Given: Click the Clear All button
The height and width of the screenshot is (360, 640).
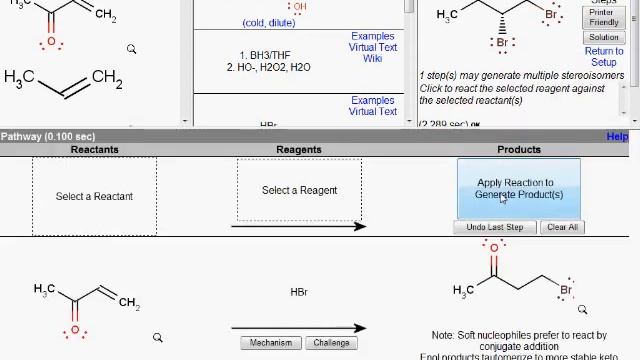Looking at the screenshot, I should tap(562, 227).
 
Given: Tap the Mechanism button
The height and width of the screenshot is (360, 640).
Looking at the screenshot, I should tap(271, 343).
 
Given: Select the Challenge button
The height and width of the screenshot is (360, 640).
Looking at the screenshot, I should tap(331, 343).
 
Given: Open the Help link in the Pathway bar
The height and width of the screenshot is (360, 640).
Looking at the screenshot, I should tap(617, 137).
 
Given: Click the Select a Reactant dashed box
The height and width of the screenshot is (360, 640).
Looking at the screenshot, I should tap(94, 196).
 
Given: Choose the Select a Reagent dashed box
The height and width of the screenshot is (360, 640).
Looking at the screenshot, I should tap(299, 190).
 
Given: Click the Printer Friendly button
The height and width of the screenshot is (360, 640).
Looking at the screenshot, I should tap(603, 17).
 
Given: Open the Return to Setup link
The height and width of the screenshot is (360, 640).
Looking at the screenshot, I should tap(603, 56).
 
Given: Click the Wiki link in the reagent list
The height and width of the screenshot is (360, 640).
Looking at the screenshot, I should tap(373, 58).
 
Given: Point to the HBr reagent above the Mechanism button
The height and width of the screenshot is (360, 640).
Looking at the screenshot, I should tap(299, 292).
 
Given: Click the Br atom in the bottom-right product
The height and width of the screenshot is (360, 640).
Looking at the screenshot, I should tap(566, 291).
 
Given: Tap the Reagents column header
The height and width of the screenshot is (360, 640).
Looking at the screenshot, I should tap(299, 150).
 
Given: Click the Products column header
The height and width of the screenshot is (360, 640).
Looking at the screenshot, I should tap(518, 150).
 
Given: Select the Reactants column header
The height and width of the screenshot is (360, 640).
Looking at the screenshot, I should tap(94, 150).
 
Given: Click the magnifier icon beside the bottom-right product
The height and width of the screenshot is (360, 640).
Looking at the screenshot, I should tap(582, 310).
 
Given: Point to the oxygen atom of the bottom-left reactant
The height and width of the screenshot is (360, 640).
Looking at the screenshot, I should tap(75, 330).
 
